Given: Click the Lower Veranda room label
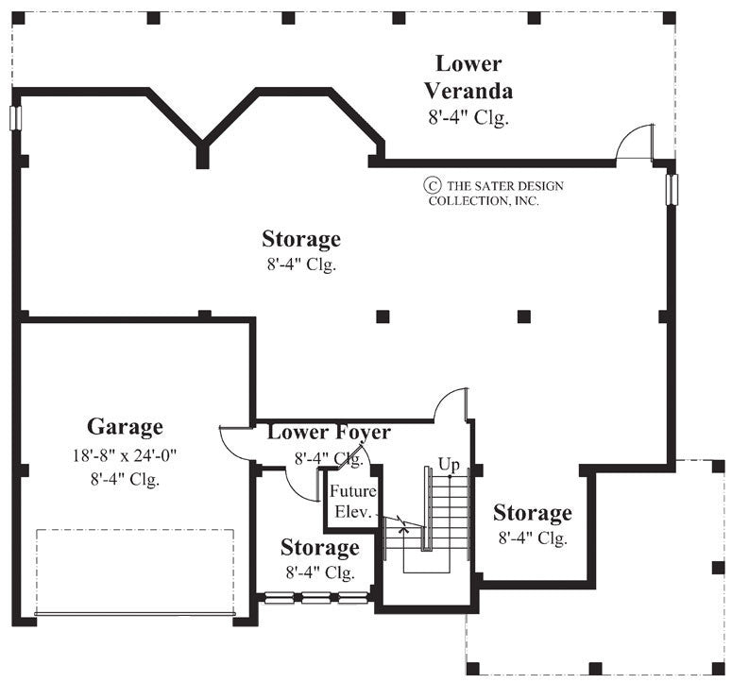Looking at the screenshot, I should click(x=468, y=77).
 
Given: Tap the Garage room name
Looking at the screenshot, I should click(x=125, y=427).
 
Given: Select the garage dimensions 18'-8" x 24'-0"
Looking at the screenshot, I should click(x=125, y=454).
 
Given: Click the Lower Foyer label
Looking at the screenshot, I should click(x=329, y=433).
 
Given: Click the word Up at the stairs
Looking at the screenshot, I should click(x=449, y=465).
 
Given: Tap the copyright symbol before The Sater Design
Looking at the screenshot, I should click(x=433, y=186).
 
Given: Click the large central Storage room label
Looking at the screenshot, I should click(x=301, y=239).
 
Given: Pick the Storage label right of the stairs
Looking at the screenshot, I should click(x=532, y=513).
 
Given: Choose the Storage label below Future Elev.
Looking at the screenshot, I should click(x=319, y=548).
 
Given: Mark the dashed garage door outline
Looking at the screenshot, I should click(x=134, y=572).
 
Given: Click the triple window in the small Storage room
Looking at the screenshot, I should click(x=315, y=598).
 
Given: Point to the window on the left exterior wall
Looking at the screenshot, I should click(x=14, y=118).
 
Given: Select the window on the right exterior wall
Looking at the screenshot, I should click(x=672, y=188).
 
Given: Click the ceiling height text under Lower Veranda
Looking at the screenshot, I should click(x=468, y=118).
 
